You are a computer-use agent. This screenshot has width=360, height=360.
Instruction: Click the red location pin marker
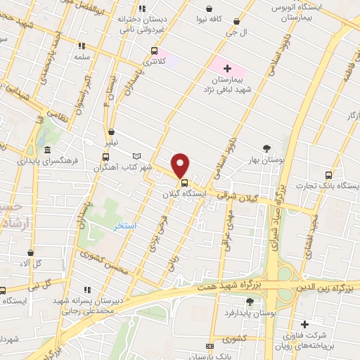tap(181, 165)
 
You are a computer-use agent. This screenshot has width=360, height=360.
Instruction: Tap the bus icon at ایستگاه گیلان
tap(185, 184)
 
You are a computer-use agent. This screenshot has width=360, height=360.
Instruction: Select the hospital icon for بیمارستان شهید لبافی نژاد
tap(227, 68)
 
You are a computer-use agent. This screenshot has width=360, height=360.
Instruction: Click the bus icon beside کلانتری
tap(154, 51)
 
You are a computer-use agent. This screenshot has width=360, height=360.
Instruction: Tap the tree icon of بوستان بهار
tap(266, 148)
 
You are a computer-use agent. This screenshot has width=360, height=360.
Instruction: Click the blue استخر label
tap(124, 226)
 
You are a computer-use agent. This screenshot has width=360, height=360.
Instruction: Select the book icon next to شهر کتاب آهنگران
tap(136, 156)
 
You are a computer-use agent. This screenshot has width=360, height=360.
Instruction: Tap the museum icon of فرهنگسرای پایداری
tap(47, 150)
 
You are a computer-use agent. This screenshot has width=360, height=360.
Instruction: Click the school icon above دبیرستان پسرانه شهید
tap(87, 289)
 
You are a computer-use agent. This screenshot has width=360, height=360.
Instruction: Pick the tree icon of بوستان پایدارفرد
tap(250, 302)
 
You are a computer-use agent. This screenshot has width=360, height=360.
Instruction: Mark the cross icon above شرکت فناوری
tap(304, 324)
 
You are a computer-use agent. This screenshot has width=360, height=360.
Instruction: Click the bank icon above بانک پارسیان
tap(210, 347)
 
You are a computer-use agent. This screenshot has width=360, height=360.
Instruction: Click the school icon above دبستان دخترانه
tap(143, 8)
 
